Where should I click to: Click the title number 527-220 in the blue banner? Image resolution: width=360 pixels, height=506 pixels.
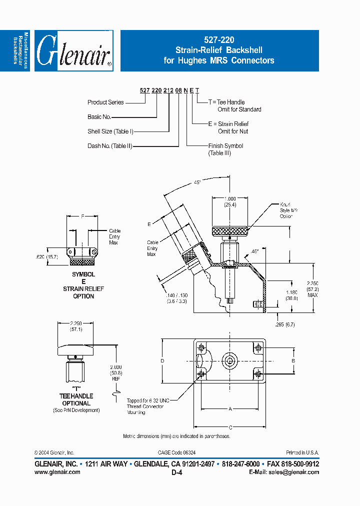pos(218,39)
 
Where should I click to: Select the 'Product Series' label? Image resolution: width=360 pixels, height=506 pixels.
pos(105,102)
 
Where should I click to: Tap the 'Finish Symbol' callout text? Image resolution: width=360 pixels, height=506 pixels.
pos(225,146)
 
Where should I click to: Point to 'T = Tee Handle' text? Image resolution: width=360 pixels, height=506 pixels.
pos(226,102)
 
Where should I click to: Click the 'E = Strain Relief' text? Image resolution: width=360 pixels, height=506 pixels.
pos(228,124)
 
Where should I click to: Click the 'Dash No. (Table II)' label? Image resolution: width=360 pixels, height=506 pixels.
pos(109,146)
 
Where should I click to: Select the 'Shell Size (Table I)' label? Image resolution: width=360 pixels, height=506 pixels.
pos(110,131)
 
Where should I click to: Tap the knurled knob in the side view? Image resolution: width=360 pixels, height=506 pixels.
pos(229,231)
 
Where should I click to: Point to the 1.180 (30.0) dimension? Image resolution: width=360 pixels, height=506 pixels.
pos(291,295)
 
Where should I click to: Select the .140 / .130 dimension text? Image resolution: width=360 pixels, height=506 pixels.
pos(176,298)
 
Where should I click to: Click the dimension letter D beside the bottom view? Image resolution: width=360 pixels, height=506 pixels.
pos(162,360)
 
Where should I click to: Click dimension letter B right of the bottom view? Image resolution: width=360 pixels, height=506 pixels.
pos(293,360)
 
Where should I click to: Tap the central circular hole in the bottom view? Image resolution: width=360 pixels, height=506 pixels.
pos(230,360)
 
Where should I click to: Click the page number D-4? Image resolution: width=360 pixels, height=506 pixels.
pos(176,472)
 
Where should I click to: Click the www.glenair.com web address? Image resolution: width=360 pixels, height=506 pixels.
pos(57,471)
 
